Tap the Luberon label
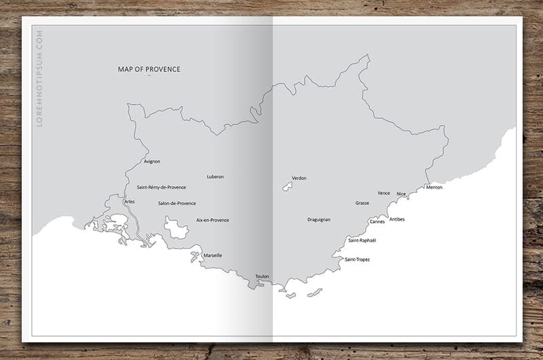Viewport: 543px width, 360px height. pos(215,177)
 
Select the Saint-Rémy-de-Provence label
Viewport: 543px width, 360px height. pos(162,187)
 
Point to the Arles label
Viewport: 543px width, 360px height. pos(130,202)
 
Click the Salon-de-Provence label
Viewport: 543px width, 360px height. pos(176,203)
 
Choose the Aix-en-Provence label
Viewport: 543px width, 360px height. pos(212,220)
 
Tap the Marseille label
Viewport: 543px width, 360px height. pos(212,255)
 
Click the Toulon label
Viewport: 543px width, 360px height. pos(262,276)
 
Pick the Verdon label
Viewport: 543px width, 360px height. pos(299,178)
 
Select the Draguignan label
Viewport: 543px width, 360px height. pos(318,219)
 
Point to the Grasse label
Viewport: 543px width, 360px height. pos(362,203)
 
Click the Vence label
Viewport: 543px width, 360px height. pos(383,193)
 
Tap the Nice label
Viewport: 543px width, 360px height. pos(401,194)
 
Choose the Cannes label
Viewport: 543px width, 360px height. pos(377,221)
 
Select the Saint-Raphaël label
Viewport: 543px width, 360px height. pos(362,240)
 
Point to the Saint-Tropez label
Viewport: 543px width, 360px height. pos(357,259)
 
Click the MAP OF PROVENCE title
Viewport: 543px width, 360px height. pos(149,69)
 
